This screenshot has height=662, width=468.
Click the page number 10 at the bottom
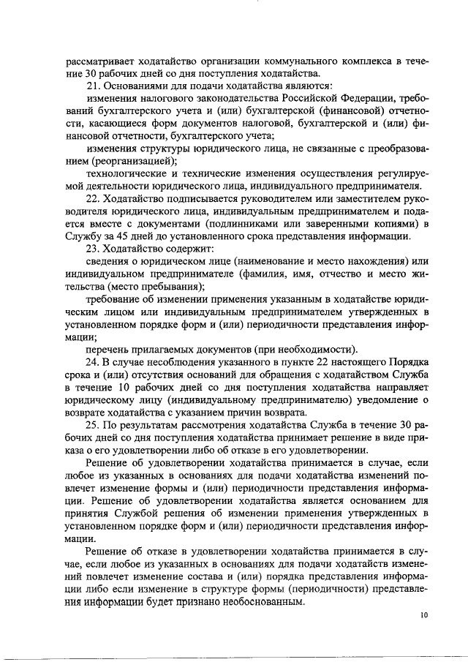coord(424,616)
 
